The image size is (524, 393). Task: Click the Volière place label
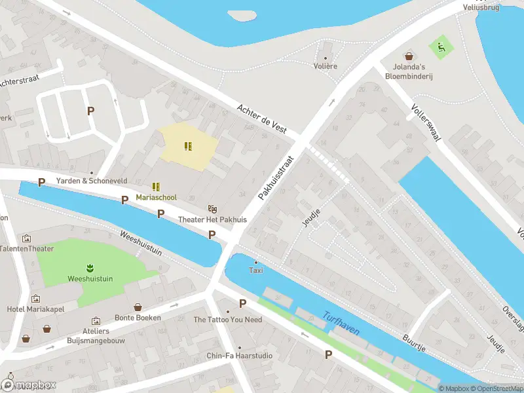(x=326, y=66)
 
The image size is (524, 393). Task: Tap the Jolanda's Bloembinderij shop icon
(x=409, y=56)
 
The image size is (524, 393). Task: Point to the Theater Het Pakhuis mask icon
(x=212, y=208)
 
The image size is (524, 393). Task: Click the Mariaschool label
(x=156, y=197)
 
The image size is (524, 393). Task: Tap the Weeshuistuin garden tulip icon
(x=88, y=267)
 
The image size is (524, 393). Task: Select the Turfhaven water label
(x=341, y=324)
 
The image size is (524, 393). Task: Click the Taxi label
(x=255, y=270)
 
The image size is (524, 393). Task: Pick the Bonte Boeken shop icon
(x=138, y=307)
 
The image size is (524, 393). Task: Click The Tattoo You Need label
(x=228, y=320)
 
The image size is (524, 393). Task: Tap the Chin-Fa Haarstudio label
(x=240, y=356)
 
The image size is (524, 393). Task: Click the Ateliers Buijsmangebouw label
(x=96, y=335)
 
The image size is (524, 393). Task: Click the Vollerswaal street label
(x=426, y=122)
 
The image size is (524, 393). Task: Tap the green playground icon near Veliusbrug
(x=440, y=47)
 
